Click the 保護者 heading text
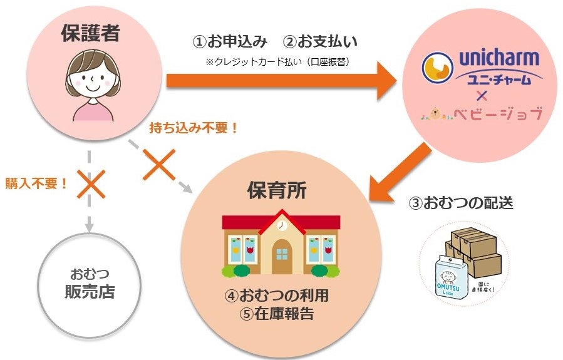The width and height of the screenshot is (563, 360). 90,34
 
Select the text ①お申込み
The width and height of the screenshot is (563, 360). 230,42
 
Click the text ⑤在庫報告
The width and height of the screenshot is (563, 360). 276,312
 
